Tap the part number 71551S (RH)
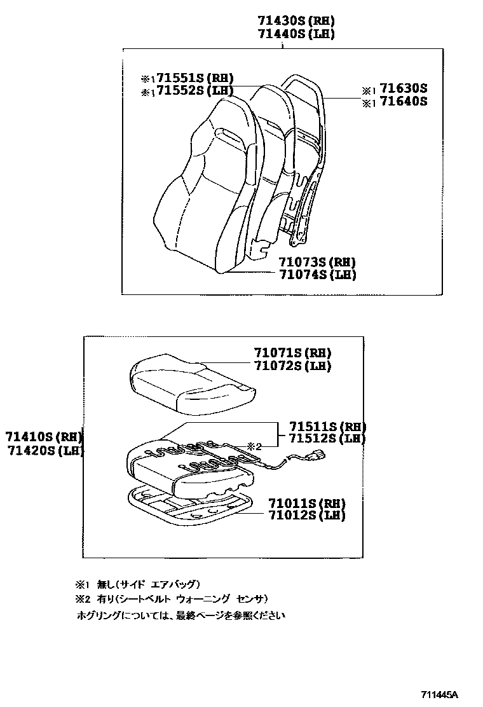195,78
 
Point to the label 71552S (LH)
195,91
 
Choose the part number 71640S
404,102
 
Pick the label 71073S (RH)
316,262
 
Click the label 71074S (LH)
316,275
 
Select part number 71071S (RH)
292,353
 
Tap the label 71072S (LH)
292,366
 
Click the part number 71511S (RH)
327,426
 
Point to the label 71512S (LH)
327,439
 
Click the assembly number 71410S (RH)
43,437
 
